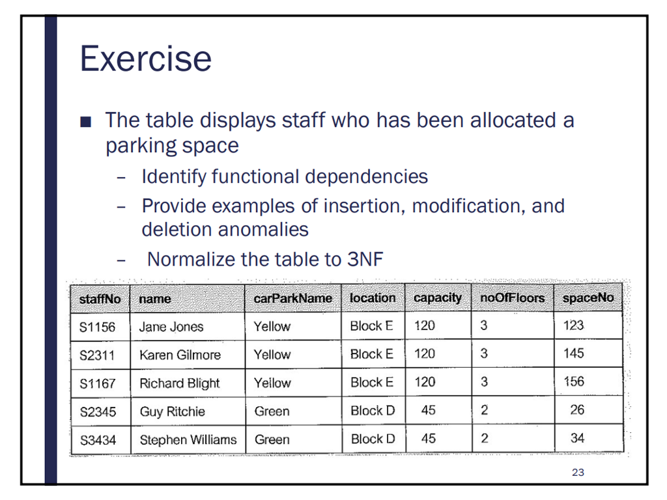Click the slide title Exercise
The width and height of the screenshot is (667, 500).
(145, 59)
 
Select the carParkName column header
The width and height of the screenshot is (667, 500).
(292, 298)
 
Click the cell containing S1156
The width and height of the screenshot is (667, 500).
(97, 327)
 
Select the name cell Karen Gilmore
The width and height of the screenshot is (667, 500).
(180, 355)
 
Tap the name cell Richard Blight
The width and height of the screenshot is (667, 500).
(180, 383)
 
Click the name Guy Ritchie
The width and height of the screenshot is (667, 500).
(172, 411)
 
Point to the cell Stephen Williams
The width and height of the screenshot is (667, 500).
(188, 439)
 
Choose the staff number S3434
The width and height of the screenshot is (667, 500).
(98, 440)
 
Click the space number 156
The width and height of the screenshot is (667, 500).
(574, 382)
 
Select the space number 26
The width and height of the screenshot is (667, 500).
(576, 410)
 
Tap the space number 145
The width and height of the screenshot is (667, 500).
(574, 354)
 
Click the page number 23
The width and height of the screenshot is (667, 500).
(578, 473)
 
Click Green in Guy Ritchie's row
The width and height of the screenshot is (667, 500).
(272, 411)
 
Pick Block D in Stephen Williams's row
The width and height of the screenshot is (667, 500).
(373, 439)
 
